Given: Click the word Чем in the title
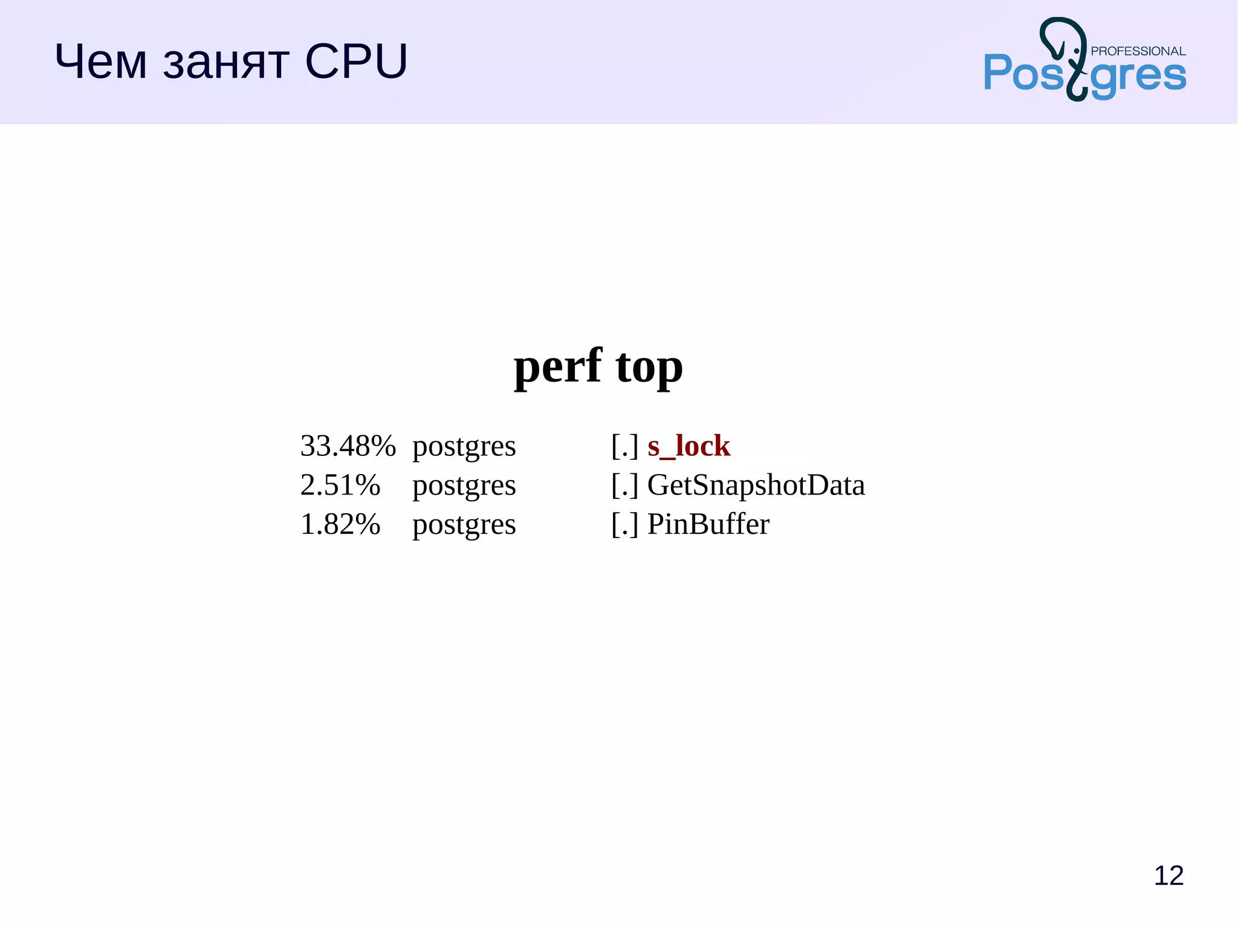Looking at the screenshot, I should pyautogui.click(x=100, y=62).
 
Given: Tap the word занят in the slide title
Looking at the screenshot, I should pyautogui.click(x=226, y=63).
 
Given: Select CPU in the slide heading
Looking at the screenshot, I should pyautogui.click(x=356, y=62).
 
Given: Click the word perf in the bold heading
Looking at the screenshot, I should pyautogui.click(x=557, y=366).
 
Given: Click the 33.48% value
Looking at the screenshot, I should pyautogui.click(x=348, y=446).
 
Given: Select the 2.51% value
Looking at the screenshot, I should pyautogui.click(x=340, y=485).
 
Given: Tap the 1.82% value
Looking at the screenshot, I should pyautogui.click(x=340, y=524).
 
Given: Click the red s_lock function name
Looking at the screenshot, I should pyautogui.click(x=689, y=446).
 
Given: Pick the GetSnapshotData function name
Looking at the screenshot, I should pyautogui.click(x=756, y=485).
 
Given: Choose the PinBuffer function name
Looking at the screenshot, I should pyautogui.click(x=708, y=524).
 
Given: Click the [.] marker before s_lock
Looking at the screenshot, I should pyautogui.click(x=624, y=446).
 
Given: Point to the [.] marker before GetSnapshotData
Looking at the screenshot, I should pyautogui.click(x=624, y=485).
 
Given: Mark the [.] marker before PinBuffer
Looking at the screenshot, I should pyautogui.click(x=624, y=524).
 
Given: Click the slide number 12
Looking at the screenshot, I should pyautogui.click(x=1168, y=875).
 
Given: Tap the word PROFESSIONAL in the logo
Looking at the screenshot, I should pyautogui.click(x=1138, y=51).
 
